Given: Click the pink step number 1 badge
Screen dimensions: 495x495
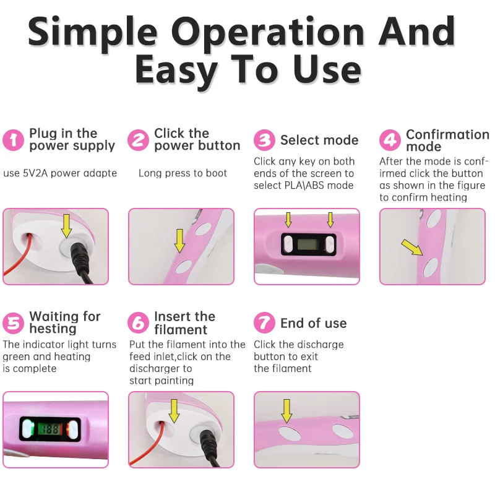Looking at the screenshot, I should (14, 140).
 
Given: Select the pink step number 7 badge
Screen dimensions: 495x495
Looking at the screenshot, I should (264, 323).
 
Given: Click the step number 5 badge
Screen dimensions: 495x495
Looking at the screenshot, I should (14, 323).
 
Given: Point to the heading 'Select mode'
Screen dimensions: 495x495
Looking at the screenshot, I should (319, 140).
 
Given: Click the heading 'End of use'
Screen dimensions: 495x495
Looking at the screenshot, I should (313, 323).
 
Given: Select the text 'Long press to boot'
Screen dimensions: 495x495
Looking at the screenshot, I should (183, 173).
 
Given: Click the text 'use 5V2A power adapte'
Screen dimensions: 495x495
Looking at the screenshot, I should (60, 173).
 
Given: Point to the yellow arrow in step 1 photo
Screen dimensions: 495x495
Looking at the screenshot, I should (66, 226).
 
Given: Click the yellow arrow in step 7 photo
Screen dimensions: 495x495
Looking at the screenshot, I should (286, 410).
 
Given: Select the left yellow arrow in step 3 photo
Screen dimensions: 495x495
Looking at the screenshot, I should (288, 220).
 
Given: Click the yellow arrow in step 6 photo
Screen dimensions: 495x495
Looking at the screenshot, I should (174, 410).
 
